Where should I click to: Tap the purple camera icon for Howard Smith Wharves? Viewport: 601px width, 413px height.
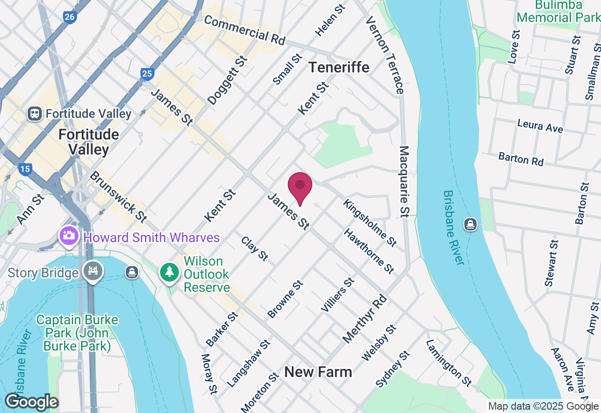(69, 236)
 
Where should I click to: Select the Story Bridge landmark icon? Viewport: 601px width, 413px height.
(93, 272)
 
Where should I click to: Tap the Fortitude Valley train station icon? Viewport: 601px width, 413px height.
(35, 114)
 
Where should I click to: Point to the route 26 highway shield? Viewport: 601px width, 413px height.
(69, 17)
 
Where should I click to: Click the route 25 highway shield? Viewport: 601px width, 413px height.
(147, 73)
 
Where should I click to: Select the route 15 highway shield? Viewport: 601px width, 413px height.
(25, 169)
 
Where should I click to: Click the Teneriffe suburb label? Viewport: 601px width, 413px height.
(339, 68)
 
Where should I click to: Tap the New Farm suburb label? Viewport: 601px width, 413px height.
(318, 372)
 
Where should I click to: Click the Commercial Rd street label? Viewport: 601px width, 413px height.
(244, 30)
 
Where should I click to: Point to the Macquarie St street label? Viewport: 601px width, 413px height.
(404, 182)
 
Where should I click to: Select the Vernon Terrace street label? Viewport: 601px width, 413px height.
(385, 54)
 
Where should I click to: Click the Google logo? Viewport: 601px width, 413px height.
(31, 402)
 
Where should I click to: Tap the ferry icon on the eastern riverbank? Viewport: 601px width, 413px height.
(470, 224)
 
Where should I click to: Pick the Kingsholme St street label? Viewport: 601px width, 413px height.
(370, 222)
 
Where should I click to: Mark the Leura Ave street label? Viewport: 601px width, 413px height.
(539, 126)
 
